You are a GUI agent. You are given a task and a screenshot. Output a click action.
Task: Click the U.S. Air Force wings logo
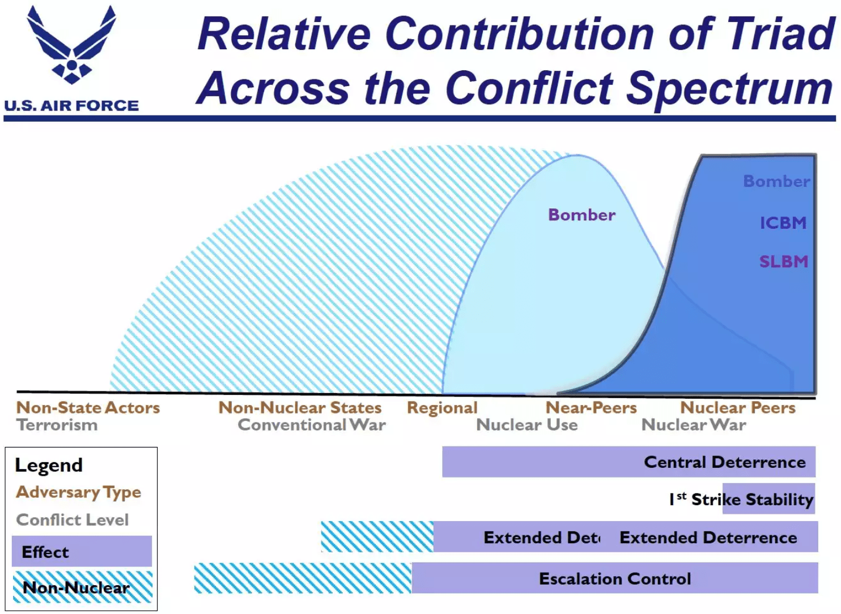(x=71, y=45)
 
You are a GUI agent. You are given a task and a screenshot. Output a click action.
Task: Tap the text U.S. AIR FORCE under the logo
(x=71, y=106)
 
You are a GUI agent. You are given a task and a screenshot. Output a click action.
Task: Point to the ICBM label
(x=783, y=223)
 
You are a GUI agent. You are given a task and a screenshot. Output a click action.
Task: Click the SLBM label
(x=784, y=262)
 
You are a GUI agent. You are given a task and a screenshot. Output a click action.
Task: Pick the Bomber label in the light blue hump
(x=581, y=215)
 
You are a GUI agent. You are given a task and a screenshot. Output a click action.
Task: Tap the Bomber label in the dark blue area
(x=776, y=181)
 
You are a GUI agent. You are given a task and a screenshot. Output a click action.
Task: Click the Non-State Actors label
(x=88, y=408)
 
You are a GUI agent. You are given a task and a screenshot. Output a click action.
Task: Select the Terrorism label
(x=57, y=425)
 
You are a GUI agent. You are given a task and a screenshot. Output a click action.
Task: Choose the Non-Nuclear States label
(x=300, y=408)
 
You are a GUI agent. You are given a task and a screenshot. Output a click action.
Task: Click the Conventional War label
(x=312, y=425)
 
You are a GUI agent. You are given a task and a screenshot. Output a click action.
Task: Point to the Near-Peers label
(x=591, y=408)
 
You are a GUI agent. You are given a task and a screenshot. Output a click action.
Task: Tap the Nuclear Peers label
(x=738, y=408)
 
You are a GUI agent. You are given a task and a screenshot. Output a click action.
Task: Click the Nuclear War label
(x=694, y=425)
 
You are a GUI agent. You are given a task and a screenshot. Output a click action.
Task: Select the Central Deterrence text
(x=725, y=462)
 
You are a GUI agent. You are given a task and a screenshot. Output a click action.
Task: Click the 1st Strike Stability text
(x=741, y=500)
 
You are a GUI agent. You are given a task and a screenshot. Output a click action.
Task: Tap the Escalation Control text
(x=615, y=579)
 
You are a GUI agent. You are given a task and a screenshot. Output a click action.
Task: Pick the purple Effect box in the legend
(x=82, y=552)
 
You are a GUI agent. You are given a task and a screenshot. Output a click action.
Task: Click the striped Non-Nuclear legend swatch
(x=82, y=587)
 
